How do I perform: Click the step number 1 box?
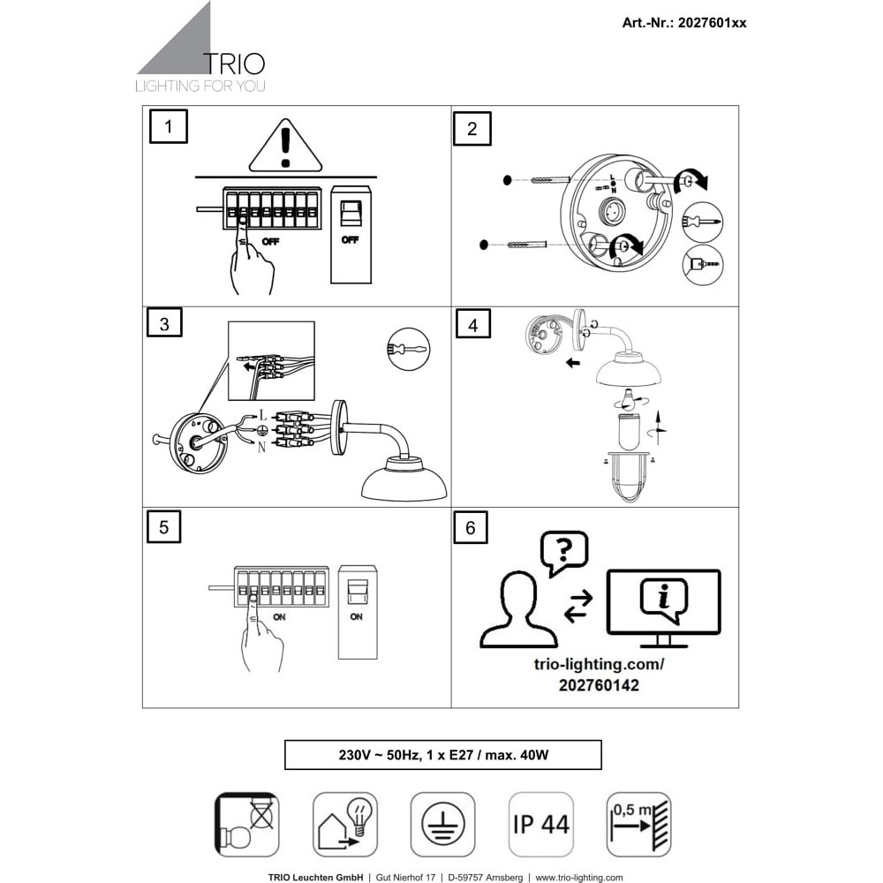(169, 127)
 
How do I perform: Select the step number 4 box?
(472, 326)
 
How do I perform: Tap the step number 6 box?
(470, 527)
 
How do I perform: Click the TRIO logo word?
(233, 64)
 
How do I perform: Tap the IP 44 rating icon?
(540, 824)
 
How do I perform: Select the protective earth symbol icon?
(442, 824)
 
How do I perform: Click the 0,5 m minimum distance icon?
(638, 824)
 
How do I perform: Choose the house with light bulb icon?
(345, 824)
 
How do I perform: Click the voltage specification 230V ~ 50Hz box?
(442, 755)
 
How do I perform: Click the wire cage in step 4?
(628, 479)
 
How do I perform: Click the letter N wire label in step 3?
(261, 448)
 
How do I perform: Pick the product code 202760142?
(599, 685)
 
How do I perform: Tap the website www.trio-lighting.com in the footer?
(578, 877)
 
